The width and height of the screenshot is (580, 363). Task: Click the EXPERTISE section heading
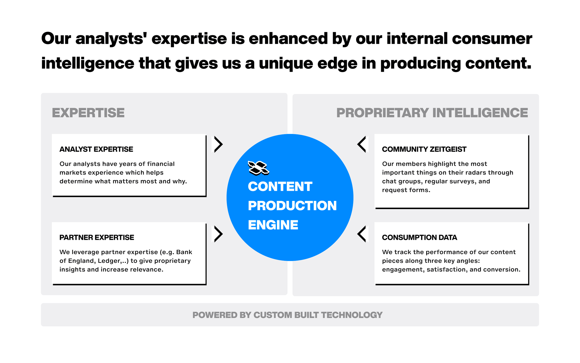click(x=88, y=113)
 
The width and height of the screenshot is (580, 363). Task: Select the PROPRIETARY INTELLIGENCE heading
click(x=432, y=113)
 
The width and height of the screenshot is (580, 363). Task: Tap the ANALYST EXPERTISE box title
click(x=96, y=149)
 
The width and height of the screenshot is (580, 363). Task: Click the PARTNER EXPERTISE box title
click(x=97, y=238)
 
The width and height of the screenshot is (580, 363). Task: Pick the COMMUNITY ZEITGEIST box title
click(x=424, y=149)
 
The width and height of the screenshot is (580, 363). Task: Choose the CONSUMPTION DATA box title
click(x=419, y=238)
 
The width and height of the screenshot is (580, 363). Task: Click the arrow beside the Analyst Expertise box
click(x=218, y=144)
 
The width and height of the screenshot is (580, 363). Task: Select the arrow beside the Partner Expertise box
click(x=218, y=234)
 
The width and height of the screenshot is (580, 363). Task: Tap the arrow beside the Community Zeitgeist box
click(x=362, y=144)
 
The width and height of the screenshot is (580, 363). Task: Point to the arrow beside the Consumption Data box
click(x=362, y=234)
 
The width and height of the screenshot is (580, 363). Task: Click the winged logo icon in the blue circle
click(x=258, y=168)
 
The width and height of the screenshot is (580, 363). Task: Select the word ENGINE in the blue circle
click(x=273, y=225)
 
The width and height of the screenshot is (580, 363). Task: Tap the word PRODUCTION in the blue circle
click(x=292, y=206)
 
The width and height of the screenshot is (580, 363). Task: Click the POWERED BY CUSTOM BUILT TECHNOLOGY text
click(x=287, y=315)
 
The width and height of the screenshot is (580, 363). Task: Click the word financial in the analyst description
click(x=161, y=164)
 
